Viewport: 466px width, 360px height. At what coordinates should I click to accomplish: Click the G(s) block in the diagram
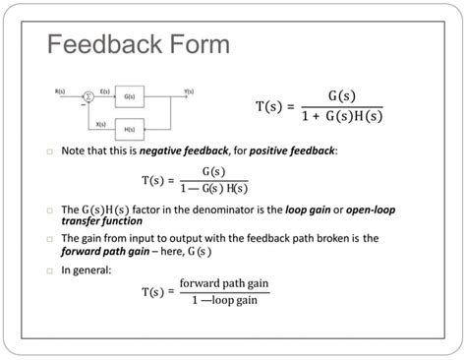[x=130, y=96]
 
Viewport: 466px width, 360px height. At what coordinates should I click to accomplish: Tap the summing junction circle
[x=88, y=96]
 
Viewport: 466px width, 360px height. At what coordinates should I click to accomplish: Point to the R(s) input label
[x=61, y=90]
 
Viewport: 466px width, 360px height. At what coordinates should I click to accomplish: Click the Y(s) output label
[x=190, y=90]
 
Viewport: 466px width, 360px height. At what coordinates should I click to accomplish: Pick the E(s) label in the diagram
[x=105, y=90]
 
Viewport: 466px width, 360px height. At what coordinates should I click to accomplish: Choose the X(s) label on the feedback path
[x=101, y=123]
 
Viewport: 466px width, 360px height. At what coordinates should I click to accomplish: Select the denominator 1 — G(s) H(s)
[x=213, y=188]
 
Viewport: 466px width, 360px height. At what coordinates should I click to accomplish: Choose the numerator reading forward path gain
[x=223, y=284]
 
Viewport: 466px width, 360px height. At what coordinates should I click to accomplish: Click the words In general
[x=85, y=269]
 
